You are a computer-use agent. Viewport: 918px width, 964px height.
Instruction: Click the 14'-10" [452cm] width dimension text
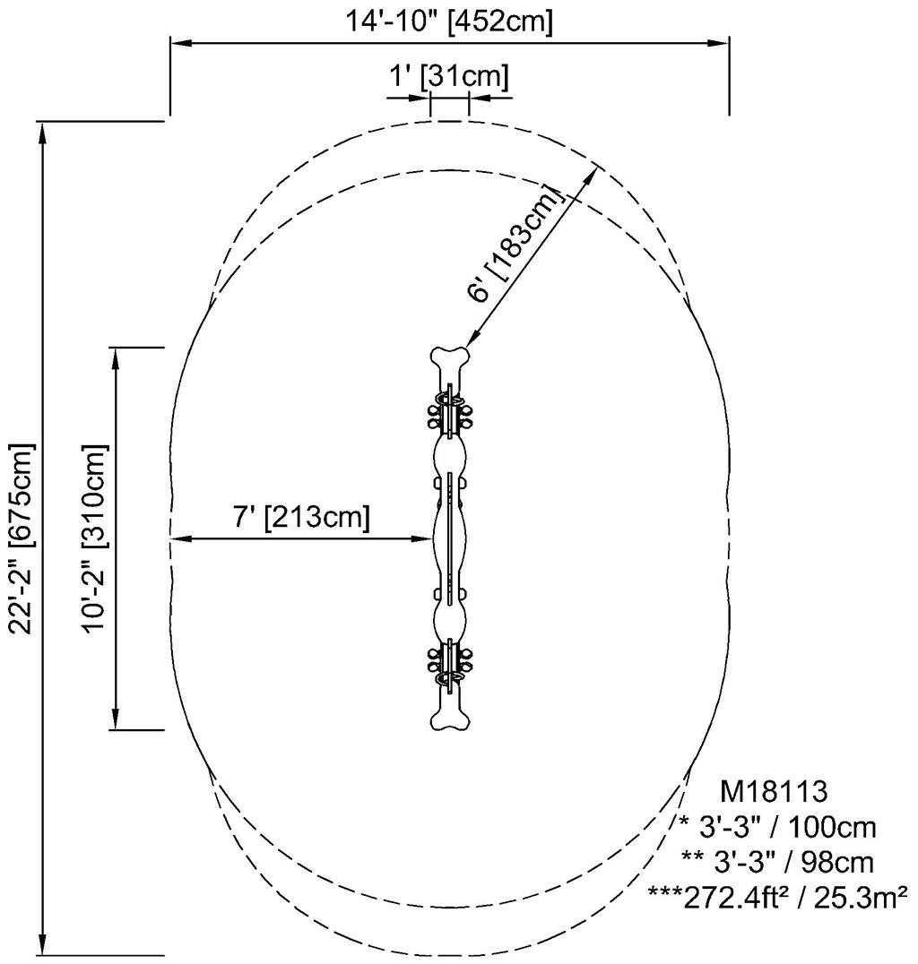(x=450, y=21)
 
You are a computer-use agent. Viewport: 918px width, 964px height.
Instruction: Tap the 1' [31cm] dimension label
(x=448, y=77)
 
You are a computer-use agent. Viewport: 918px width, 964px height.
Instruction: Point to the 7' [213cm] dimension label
(x=300, y=517)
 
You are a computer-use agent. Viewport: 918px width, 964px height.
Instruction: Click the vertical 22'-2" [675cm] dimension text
(x=21, y=538)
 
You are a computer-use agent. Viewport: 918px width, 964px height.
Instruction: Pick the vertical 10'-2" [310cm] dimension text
(x=93, y=538)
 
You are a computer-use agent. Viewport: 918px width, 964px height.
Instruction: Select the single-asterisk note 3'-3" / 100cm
(x=776, y=825)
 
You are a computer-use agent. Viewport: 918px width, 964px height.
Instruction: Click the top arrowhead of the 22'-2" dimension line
(x=41, y=131)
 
